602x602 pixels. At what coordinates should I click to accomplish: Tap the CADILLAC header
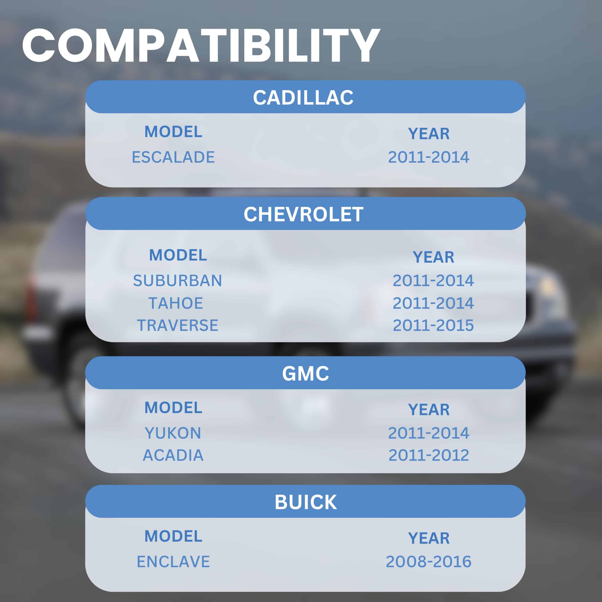point(303,98)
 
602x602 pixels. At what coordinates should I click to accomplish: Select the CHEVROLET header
point(303,214)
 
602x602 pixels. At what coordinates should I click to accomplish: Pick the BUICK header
point(305,502)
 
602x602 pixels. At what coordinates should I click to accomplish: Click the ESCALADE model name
point(173,157)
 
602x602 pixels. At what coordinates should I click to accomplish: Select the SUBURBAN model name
point(178,281)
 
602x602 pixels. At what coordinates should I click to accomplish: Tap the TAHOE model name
point(176,303)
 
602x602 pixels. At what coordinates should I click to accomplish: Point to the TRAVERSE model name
point(178,325)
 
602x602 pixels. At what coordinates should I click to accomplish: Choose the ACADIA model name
point(173,455)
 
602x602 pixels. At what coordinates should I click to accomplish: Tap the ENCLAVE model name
point(173,562)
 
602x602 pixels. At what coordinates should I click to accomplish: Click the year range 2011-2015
point(433,325)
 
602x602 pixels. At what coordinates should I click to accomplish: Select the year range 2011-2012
point(429,455)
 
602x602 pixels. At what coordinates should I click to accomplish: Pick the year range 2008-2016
point(429,562)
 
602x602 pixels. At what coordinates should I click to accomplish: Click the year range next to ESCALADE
point(429,157)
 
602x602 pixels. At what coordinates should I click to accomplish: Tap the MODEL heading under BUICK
point(173,536)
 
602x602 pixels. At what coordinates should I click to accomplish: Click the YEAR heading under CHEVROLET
point(433,257)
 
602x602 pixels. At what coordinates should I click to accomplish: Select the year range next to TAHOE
point(433,303)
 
